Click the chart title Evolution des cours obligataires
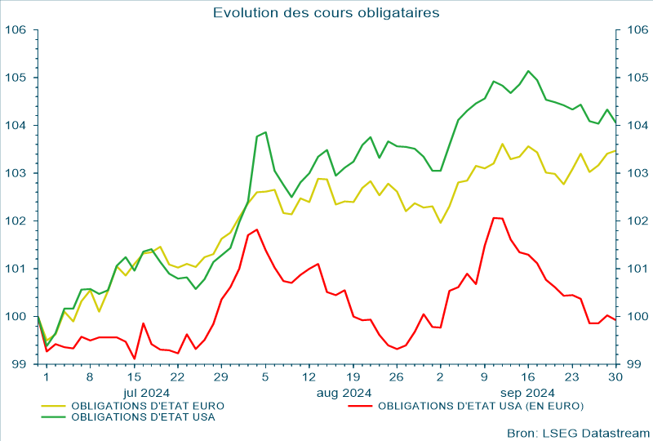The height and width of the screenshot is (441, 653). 326,12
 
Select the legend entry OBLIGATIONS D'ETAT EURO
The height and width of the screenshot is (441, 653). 148,405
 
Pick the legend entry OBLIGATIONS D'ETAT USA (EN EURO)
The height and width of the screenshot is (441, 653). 481,405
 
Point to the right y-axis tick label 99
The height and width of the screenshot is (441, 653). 633,364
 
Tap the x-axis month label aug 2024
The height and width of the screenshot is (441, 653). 344,392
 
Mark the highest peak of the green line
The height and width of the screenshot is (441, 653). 528,71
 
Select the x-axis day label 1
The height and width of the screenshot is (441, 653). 46,377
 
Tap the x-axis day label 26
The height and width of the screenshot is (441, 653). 396,377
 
